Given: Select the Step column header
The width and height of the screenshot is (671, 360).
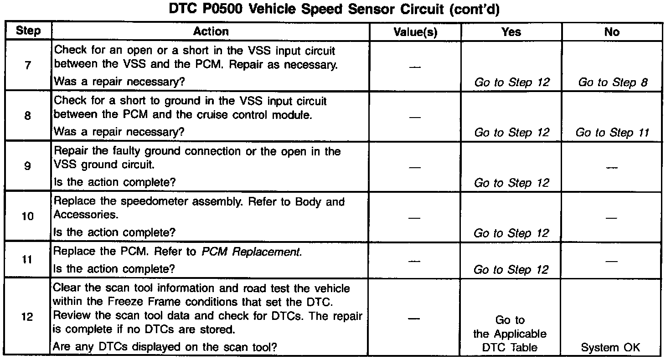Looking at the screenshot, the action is [x=28, y=31].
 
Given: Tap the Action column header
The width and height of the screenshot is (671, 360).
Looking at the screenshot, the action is [x=211, y=31].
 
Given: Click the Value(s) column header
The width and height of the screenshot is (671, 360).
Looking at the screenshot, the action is [x=415, y=32].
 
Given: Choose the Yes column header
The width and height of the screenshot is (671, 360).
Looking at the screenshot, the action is [x=511, y=32].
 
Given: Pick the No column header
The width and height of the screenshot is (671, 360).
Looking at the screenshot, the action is [x=612, y=32].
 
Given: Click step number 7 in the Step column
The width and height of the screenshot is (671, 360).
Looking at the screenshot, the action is [x=28, y=65].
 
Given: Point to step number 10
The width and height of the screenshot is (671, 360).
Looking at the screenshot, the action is [x=28, y=216].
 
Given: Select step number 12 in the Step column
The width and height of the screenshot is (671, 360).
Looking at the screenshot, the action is [x=28, y=317].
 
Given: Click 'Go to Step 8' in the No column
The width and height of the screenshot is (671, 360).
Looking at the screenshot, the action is [x=613, y=82].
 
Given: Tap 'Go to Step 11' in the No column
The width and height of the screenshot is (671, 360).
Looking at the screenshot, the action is [x=612, y=133].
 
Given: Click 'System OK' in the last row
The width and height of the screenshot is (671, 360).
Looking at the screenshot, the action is [x=611, y=347].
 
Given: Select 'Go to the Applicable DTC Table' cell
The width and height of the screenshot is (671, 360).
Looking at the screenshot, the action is [x=510, y=334].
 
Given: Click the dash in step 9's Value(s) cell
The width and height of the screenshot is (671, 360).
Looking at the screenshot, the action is [x=415, y=167].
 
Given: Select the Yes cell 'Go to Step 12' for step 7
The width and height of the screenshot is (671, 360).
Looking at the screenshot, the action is [x=512, y=82].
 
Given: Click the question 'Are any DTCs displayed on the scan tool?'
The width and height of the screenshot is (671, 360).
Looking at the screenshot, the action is [x=165, y=347].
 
